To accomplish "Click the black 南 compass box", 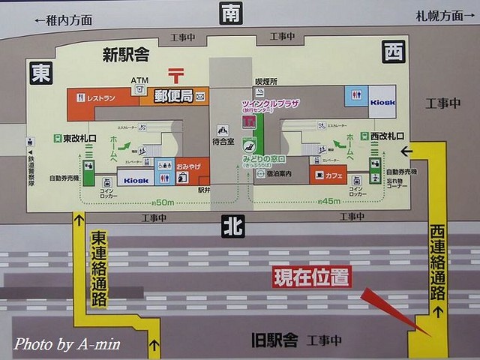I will [x=231, y=13].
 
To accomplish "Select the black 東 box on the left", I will [x=40, y=72].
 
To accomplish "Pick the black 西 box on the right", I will [x=393, y=52].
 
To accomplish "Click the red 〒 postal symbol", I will [x=176, y=75].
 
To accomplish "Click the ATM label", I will [x=139, y=80].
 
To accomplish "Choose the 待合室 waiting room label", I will [x=223, y=139].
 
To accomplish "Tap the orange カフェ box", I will [x=328, y=175].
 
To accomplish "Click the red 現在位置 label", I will [x=311, y=277].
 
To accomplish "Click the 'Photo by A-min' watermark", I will [x=67, y=343].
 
